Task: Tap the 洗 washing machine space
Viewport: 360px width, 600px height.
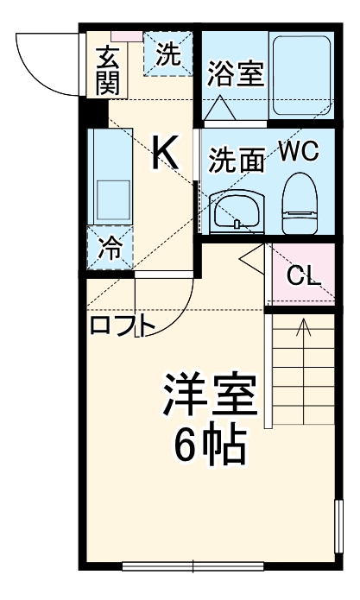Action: pos(169,54)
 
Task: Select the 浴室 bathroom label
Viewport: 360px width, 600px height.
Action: pos(235,73)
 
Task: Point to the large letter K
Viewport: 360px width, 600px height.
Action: pos(165,153)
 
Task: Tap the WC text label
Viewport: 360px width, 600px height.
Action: pos(299,152)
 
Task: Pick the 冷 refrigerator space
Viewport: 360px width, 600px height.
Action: pos(110,248)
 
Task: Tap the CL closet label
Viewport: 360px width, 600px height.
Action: pos(303,276)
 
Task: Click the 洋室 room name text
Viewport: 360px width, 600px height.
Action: pos(211,395)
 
